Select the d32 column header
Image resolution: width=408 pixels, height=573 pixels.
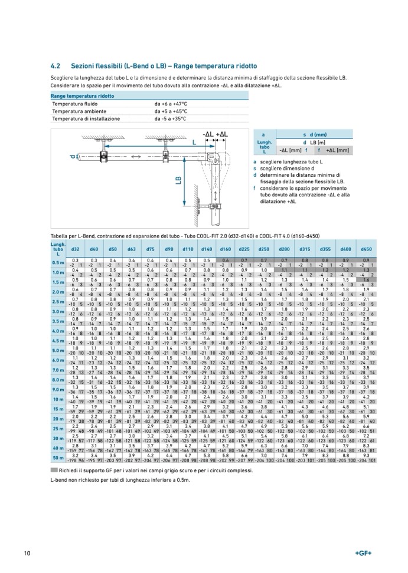76,250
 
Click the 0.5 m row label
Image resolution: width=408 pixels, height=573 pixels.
58,263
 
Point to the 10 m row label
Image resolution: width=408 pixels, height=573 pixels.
58,399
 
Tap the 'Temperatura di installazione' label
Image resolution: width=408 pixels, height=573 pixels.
84,118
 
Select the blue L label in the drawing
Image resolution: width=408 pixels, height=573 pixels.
194,142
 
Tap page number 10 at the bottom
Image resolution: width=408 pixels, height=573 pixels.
27,552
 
